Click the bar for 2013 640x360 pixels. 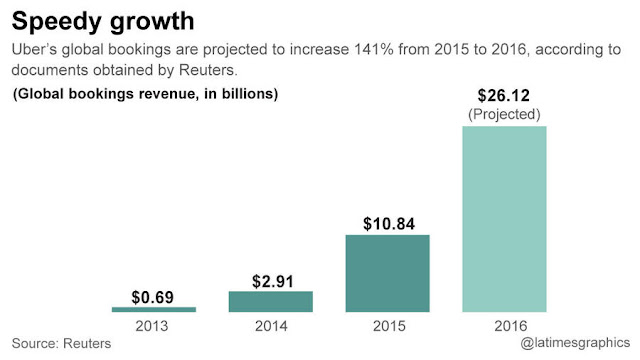coord(154,309)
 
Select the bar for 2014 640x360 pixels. coord(271,302)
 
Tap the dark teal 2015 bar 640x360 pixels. coord(387,273)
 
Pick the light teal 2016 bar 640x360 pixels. coord(504,219)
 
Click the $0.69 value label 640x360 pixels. coord(153,297)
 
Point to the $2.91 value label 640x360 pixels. coord(273,281)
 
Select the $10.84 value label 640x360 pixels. coord(389,224)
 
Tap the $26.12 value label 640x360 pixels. coord(504,96)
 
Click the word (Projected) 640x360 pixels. coord(504,114)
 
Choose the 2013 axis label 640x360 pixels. coord(152,326)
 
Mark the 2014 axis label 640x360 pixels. coord(271,326)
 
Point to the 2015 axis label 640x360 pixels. coord(389,326)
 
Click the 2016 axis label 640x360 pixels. coord(511,326)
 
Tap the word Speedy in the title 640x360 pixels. coord(56,22)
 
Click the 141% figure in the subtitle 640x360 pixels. coord(374,49)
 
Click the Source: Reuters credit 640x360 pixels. coord(61,343)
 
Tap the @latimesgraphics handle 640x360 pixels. coord(575,343)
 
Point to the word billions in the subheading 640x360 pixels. coord(250,94)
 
